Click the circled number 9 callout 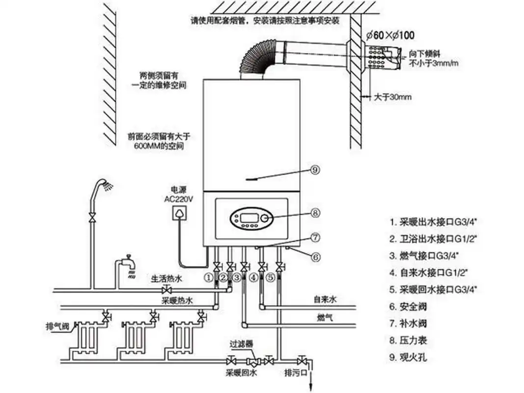(x=315, y=170)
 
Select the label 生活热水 (x=166, y=279)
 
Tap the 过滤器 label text (x=242, y=344)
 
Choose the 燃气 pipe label (x=325, y=318)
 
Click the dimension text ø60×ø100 (x=390, y=35)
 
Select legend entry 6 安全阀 (x=408, y=307)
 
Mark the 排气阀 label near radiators (x=55, y=326)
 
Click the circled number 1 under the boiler (x=210, y=278)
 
